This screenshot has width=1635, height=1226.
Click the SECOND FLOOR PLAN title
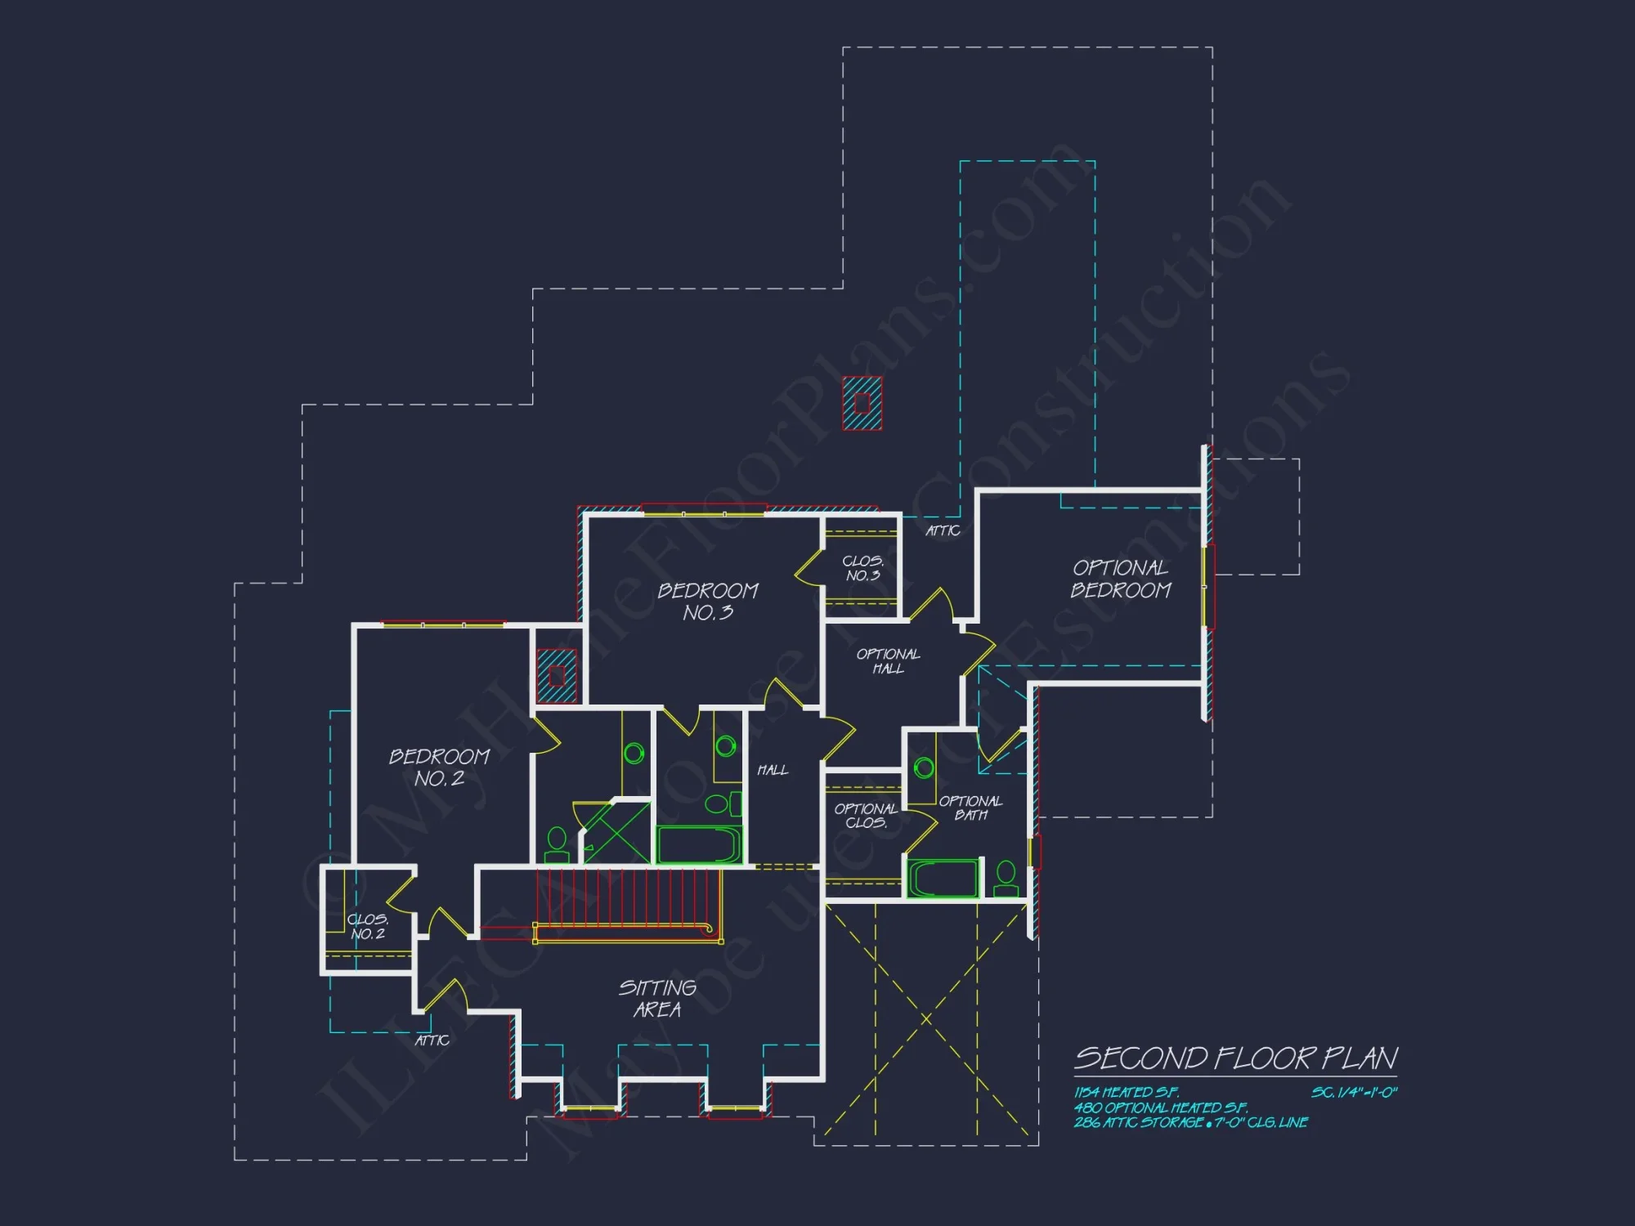point(1235,1058)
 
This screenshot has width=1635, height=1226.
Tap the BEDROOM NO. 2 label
point(439,767)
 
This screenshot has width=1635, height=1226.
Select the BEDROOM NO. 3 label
point(708,602)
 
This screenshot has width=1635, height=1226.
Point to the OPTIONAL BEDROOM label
point(1121,579)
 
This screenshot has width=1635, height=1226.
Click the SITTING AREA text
point(657,998)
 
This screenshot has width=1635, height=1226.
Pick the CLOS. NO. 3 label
point(863,568)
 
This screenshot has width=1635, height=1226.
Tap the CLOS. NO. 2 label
point(368,926)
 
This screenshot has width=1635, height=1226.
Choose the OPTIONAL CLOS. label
point(866,816)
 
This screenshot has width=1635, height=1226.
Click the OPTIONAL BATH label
point(970,808)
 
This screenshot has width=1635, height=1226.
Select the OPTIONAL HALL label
point(888,661)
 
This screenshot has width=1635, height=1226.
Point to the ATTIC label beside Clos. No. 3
point(943,531)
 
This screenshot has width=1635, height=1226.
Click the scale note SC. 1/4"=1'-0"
point(1355,1093)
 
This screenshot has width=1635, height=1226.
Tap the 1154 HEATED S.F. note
point(1127,1093)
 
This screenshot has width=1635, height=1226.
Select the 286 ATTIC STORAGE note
point(1190,1123)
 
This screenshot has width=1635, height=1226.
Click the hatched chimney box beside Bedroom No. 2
point(557,676)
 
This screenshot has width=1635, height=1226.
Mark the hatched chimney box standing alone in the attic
point(862,403)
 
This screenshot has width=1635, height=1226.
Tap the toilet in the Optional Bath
point(1006,879)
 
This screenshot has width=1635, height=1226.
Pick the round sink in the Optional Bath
point(924,767)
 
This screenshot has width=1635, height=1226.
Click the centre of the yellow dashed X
point(926,1019)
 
